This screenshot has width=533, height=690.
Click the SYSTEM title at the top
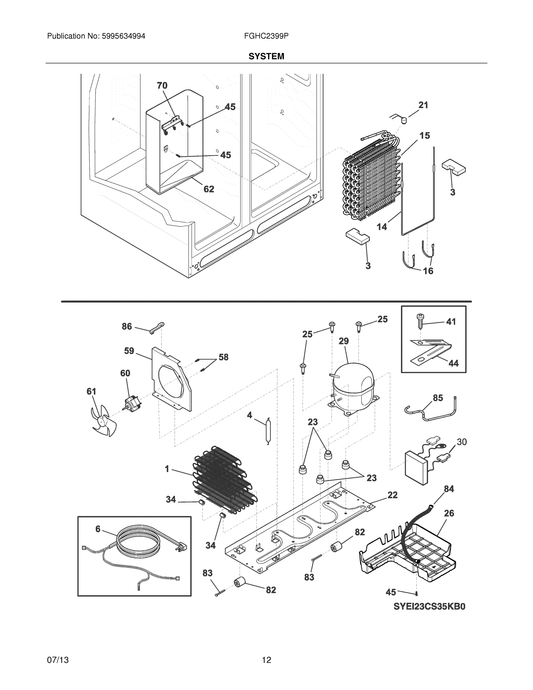pos(266,56)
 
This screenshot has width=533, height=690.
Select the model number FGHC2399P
pos(266,36)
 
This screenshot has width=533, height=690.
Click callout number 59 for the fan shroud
pos(129,351)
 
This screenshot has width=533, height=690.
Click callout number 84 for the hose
pos(449,489)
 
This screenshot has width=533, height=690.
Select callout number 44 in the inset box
pos(453,363)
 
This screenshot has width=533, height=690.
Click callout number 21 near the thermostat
pos(423,105)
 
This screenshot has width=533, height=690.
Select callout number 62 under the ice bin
pos(209,189)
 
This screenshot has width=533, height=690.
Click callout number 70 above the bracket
pos(162,86)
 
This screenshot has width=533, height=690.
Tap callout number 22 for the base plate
pos(392,495)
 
